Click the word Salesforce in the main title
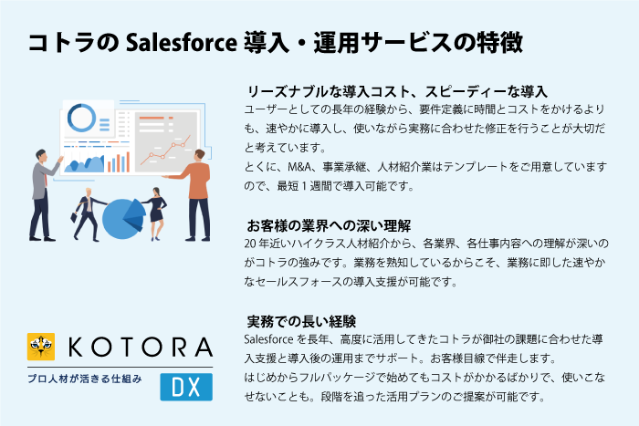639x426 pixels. pyautogui.click(x=182, y=42)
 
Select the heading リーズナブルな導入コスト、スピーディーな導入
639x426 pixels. pyautogui.click(x=397, y=91)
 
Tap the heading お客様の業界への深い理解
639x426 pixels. pyautogui.click(x=329, y=225)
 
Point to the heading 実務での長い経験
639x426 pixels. pyautogui.click(x=301, y=322)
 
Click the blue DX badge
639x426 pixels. pyautogui.click(x=186, y=387)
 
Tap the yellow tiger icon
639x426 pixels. pyautogui.click(x=41, y=347)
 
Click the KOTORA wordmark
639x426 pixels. pyautogui.click(x=141, y=348)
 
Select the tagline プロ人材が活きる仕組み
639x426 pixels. pyautogui.click(x=85, y=379)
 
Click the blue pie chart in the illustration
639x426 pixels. pyautogui.click(x=123, y=219)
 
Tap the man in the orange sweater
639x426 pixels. pyautogui.click(x=194, y=194)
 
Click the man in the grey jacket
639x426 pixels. pyautogui.click(x=43, y=194)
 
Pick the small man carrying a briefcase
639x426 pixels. pyautogui.click(x=88, y=213)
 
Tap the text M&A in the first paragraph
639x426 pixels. pyautogui.click(x=299, y=167)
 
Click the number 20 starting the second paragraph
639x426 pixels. pyautogui.click(x=250, y=244)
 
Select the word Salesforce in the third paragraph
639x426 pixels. pyautogui.click(x=268, y=339)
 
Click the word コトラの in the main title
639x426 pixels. pyautogui.click(x=73, y=42)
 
